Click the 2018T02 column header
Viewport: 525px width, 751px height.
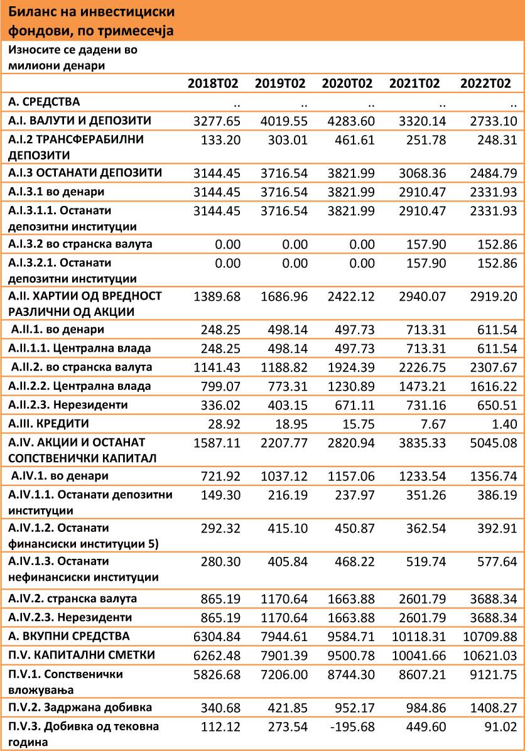point(214,84)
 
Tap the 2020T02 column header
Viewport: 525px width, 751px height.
point(348,84)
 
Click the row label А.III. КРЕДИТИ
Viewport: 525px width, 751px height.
point(48,423)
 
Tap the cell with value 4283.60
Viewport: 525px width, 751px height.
point(352,121)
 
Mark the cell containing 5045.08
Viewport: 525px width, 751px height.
point(490,443)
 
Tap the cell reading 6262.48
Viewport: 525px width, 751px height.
point(217,656)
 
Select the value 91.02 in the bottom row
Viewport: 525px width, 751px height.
point(501,727)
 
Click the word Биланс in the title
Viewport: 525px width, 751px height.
point(31,12)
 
